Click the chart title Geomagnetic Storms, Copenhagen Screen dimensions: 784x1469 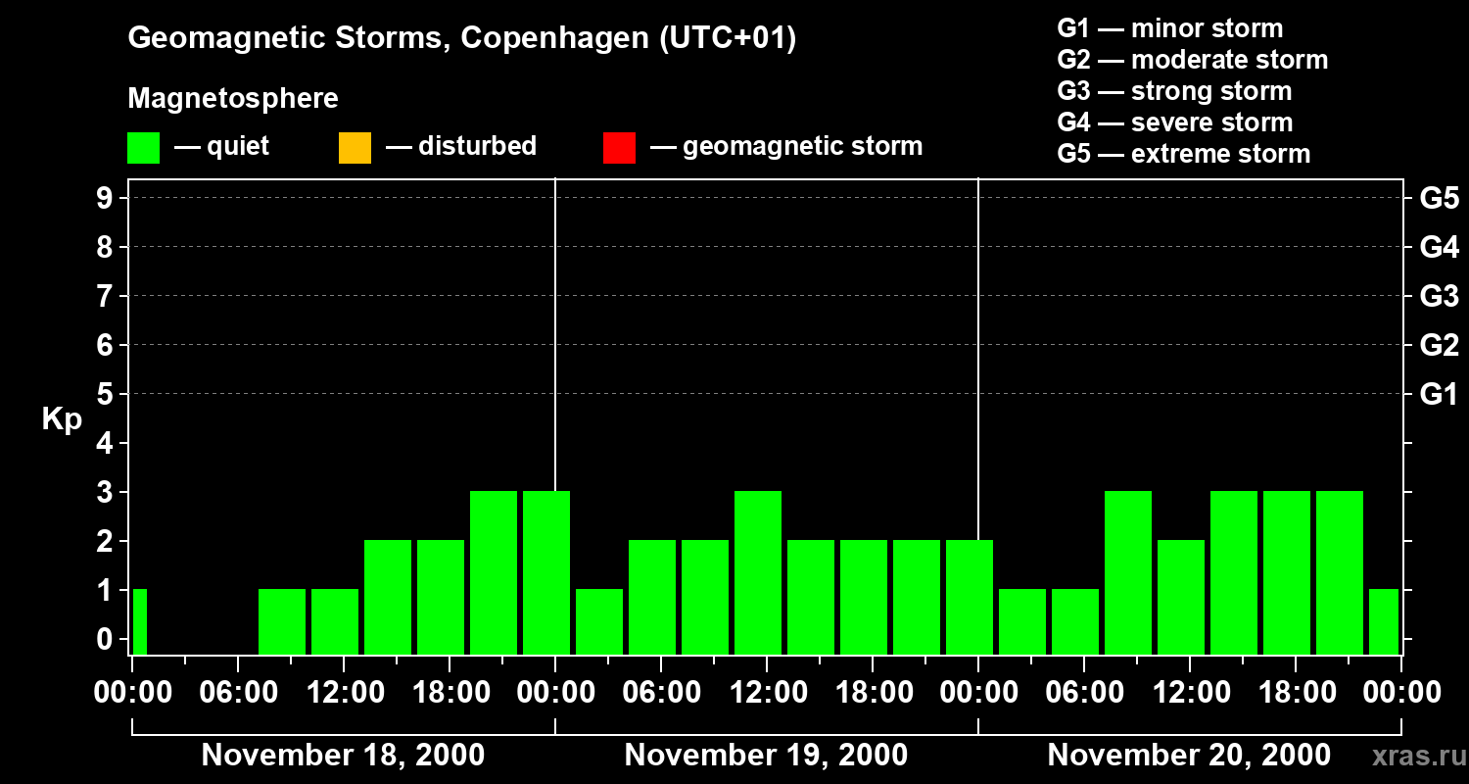click(461, 38)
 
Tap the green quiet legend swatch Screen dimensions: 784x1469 click(143, 148)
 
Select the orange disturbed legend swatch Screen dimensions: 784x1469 click(355, 148)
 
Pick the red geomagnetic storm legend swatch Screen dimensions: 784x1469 click(619, 148)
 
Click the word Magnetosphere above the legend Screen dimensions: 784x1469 click(233, 99)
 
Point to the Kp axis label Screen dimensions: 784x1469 click(62, 419)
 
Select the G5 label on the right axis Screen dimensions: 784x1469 click(1439, 199)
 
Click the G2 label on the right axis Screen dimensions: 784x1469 click(1439, 346)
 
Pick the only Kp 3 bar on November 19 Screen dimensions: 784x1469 click(758, 572)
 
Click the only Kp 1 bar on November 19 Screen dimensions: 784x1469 click(599, 621)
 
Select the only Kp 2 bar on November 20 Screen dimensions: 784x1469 click(1181, 597)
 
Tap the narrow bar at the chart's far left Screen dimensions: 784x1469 click(139, 621)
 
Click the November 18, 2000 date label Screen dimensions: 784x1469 click(343, 756)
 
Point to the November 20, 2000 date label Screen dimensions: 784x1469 click(1189, 756)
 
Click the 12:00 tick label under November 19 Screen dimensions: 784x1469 click(767, 693)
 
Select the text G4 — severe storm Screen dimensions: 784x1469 click(1175, 122)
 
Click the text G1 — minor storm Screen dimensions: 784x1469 click(1170, 28)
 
